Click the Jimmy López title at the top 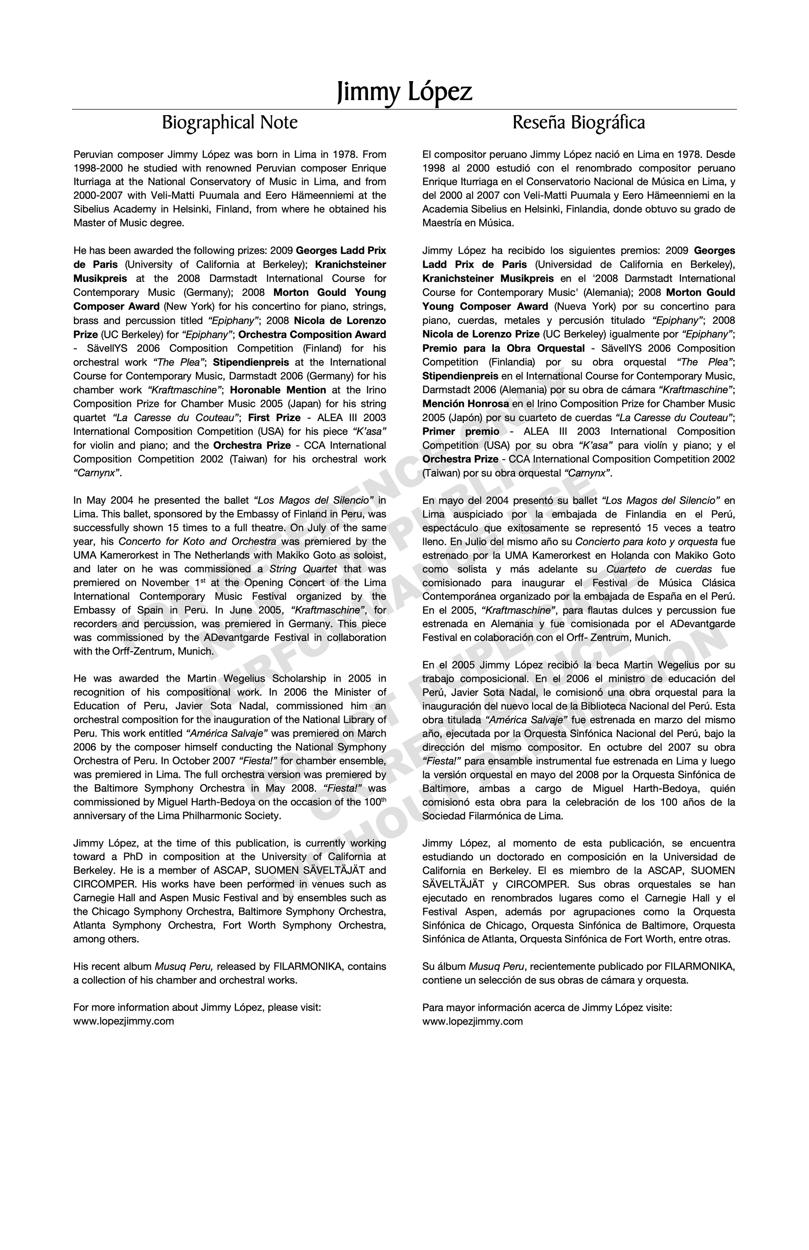(404, 92)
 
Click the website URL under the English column (123, 1021)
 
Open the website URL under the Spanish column (472, 1021)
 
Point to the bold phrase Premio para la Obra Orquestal (503, 348)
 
